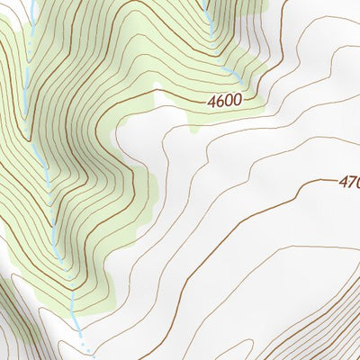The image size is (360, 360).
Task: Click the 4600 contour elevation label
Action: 223,101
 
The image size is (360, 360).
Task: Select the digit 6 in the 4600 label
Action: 219,101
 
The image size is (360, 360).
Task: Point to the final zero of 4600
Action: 236,101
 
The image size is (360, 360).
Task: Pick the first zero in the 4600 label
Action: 228,101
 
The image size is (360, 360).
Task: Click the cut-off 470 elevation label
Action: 348,183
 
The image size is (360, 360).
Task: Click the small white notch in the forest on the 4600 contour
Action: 157,87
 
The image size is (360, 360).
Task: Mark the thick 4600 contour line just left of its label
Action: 180,94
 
